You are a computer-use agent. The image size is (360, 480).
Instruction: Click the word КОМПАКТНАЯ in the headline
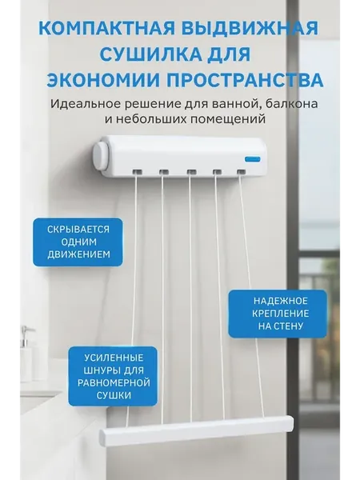click(x=107, y=29)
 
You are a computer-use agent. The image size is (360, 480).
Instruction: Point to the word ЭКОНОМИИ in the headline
click(x=103, y=80)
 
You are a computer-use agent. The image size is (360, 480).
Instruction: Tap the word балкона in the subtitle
click(x=292, y=104)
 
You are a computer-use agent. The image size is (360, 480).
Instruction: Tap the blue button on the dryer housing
click(x=253, y=159)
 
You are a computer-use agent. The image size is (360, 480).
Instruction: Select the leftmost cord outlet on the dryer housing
click(x=137, y=172)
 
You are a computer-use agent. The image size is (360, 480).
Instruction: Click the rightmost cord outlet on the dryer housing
click(x=242, y=172)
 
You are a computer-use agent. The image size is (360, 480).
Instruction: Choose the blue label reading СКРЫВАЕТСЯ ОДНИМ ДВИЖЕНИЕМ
click(x=78, y=242)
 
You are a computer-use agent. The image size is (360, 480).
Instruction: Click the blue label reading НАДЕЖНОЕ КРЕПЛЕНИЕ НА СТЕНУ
click(x=278, y=314)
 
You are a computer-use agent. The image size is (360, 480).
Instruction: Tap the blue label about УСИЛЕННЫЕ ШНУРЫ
click(x=113, y=376)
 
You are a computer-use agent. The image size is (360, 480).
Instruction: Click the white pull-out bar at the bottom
click(x=196, y=430)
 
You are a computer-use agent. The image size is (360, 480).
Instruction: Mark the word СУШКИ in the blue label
click(x=114, y=395)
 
